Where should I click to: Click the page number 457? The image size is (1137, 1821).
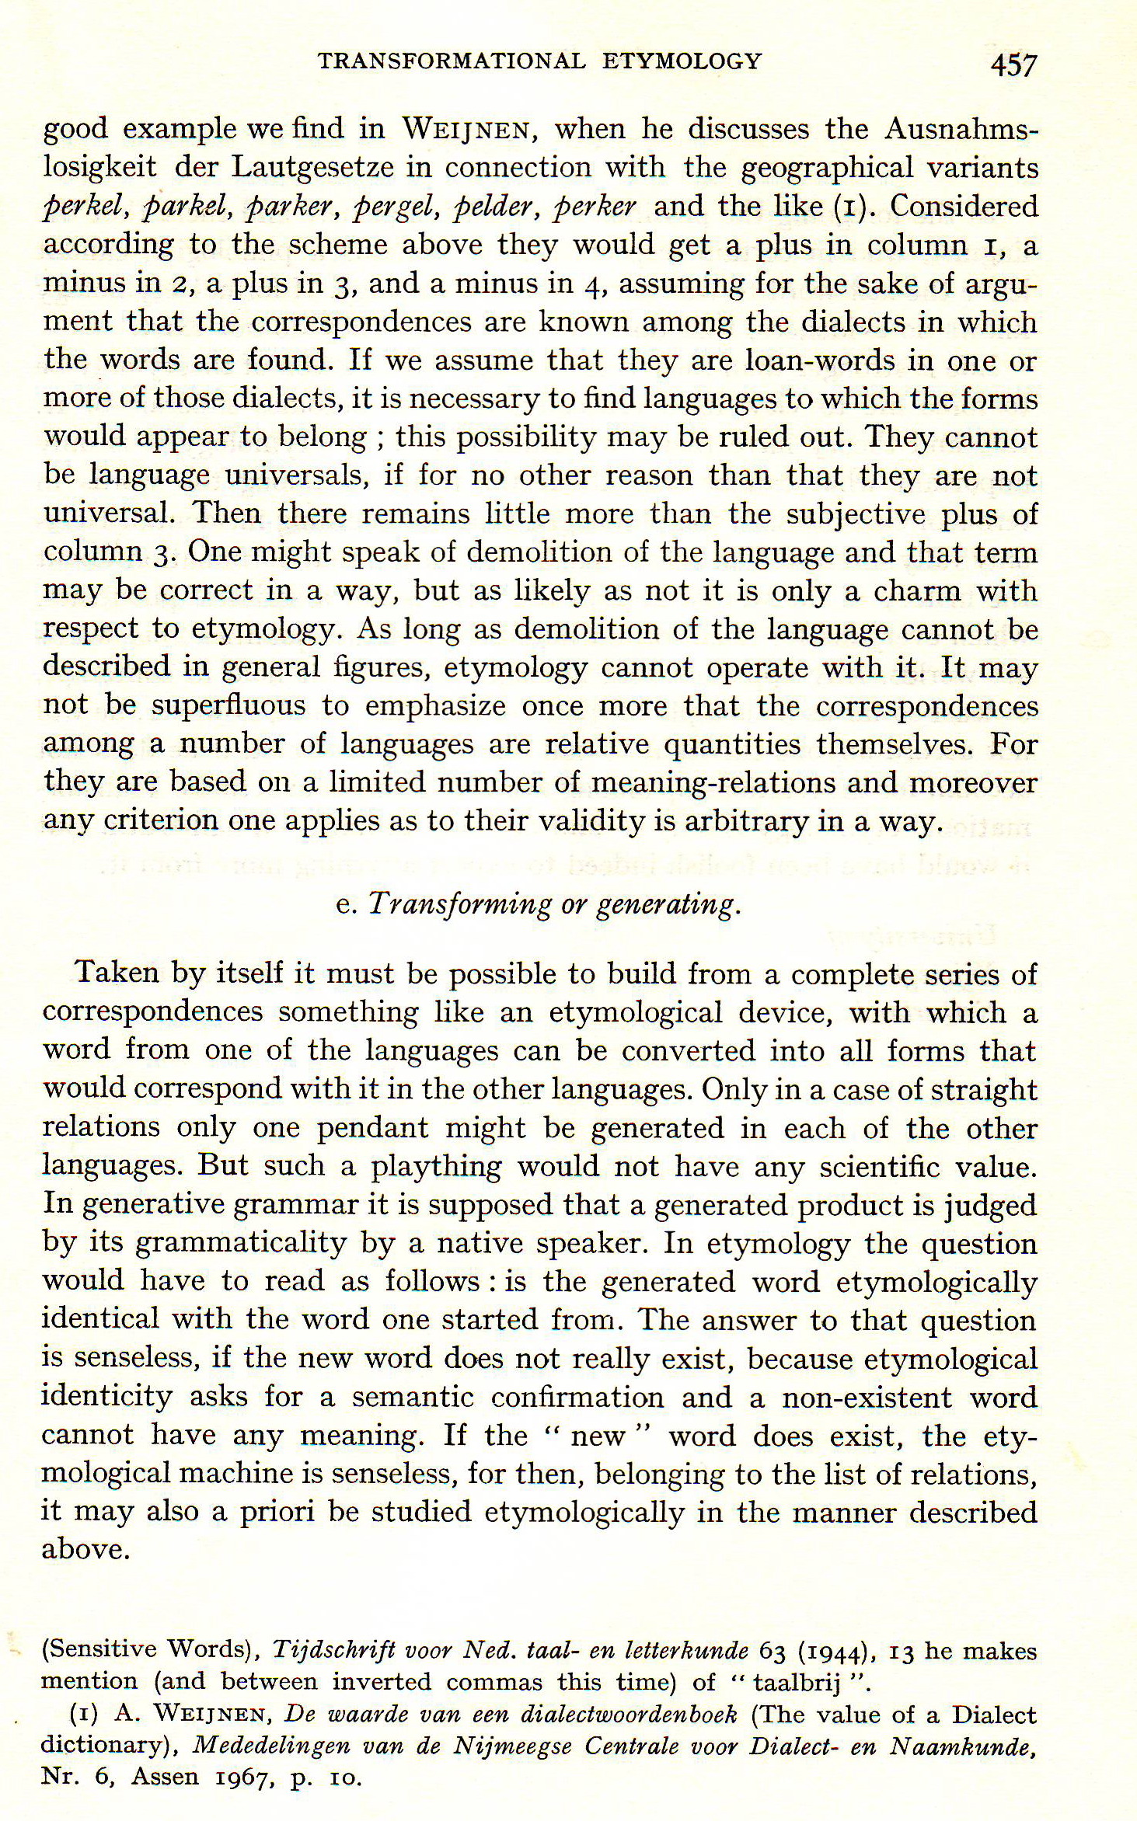1014,65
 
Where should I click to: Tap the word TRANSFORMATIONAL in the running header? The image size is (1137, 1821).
452,61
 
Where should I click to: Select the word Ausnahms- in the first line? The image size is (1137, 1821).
961,129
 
